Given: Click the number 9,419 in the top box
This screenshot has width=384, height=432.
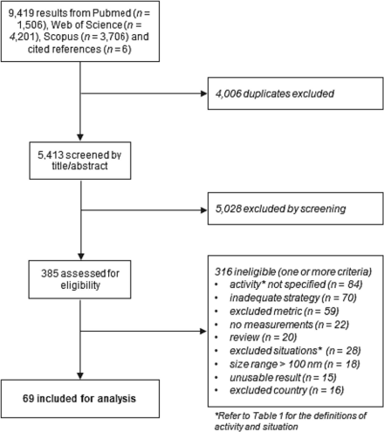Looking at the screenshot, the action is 21,13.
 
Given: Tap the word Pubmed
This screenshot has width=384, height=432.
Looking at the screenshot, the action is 112,13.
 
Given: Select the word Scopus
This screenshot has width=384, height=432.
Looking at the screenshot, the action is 61,37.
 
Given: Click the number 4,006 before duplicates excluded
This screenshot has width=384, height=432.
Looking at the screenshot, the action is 229,93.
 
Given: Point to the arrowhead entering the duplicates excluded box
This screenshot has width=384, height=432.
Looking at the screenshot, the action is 204,93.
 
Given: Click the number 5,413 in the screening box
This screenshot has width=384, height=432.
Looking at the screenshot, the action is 51,155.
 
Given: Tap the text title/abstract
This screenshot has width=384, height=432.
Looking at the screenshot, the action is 79,166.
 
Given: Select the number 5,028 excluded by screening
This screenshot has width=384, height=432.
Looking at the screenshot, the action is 229,209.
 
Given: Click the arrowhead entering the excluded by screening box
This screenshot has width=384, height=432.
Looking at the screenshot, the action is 204,210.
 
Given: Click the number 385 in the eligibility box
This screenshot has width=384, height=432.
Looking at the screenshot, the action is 50,273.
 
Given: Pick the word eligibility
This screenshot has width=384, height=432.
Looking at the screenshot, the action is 80,285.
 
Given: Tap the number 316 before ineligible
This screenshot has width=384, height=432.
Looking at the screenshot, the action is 223,271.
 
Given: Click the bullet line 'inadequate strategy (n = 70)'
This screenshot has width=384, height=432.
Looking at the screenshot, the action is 293,298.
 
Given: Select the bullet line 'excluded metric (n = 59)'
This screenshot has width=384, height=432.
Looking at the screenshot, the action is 285,312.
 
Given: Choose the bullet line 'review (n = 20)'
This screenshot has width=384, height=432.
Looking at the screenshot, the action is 263,338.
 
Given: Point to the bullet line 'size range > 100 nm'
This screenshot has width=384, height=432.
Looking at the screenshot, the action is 295,364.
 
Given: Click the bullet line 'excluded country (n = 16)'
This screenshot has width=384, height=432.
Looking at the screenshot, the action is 287,390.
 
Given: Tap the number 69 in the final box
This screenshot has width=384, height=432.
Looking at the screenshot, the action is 29,399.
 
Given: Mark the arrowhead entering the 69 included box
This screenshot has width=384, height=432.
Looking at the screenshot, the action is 80,376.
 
